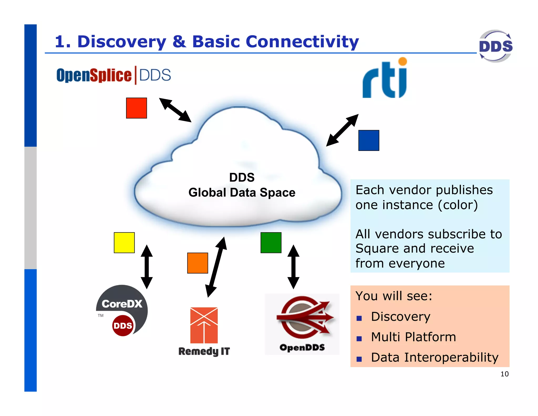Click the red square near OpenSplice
(x=136, y=108)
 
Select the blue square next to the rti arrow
(x=369, y=140)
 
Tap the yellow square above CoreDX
(x=124, y=242)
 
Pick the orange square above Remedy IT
(x=198, y=263)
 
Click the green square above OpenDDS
(x=271, y=242)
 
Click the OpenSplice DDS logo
(x=113, y=75)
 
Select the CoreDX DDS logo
(x=122, y=310)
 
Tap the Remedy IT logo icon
(x=204, y=325)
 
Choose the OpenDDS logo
(x=302, y=323)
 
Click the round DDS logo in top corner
(x=495, y=46)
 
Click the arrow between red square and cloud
(x=175, y=110)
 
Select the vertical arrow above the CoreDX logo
(x=147, y=267)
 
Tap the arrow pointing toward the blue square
(x=342, y=130)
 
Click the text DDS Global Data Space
(x=242, y=185)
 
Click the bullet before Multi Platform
(x=359, y=338)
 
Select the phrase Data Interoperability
(x=434, y=357)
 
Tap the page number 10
(x=504, y=374)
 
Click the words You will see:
(x=394, y=296)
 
